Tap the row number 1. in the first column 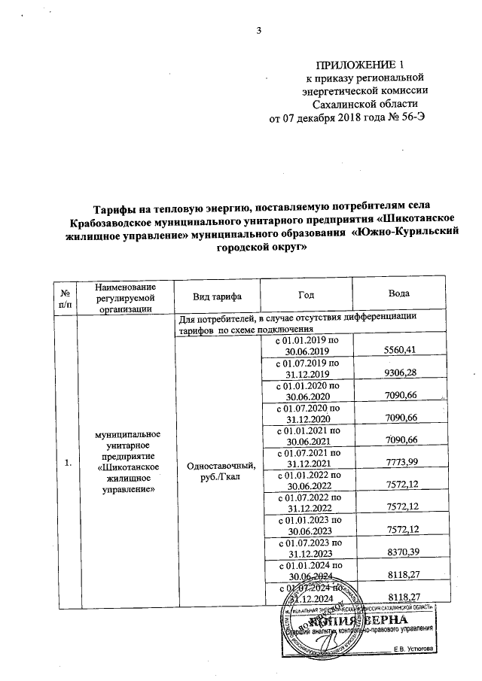(x=69, y=463)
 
